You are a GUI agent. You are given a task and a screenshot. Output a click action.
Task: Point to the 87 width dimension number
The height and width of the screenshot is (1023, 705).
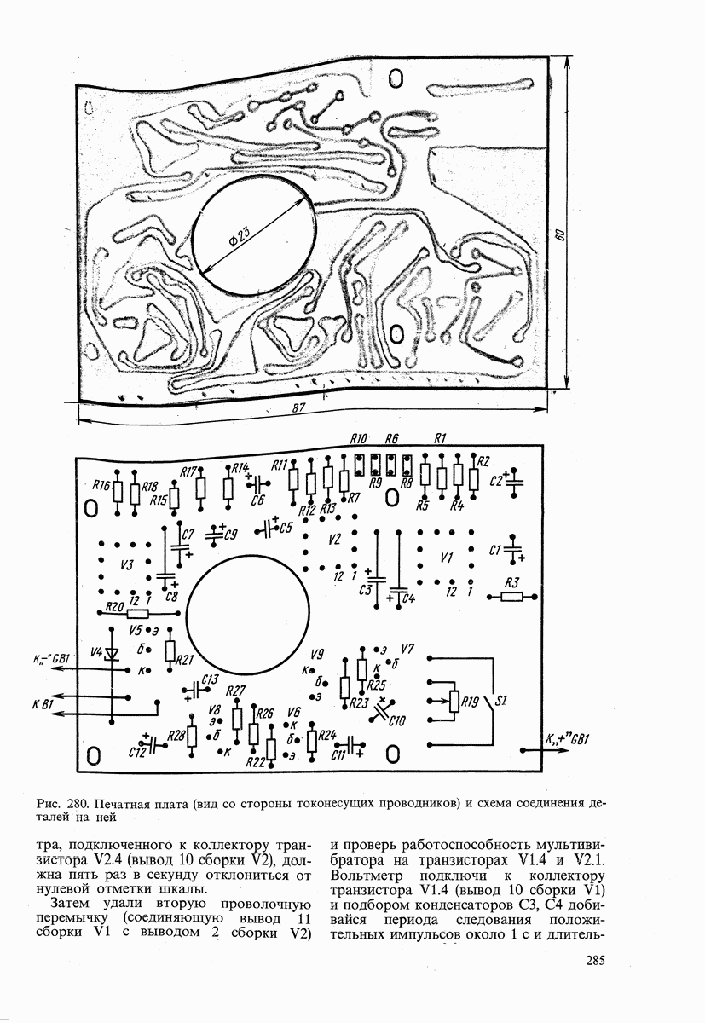pos(298,408)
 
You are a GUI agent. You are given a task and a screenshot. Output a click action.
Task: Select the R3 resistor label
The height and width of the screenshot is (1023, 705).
pos(512,582)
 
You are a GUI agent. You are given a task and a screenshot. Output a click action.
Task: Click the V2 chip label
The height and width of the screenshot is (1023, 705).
pos(334,540)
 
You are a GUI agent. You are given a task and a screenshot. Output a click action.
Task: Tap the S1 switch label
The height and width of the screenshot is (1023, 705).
pos(501,702)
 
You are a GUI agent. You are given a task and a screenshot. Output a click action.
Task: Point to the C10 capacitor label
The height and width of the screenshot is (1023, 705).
pos(396,721)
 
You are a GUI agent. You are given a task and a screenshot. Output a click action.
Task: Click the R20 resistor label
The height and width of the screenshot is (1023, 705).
pos(113,606)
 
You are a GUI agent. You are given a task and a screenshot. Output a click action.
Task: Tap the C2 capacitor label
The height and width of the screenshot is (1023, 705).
pos(496,481)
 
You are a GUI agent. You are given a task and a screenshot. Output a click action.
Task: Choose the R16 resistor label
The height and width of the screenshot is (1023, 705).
pos(101,486)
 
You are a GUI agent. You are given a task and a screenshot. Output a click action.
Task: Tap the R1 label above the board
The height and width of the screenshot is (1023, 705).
pos(441,439)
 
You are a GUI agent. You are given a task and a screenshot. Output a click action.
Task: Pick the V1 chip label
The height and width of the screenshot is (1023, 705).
pos(444,558)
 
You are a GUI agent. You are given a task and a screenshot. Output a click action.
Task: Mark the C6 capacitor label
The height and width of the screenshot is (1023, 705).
pos(258,500)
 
